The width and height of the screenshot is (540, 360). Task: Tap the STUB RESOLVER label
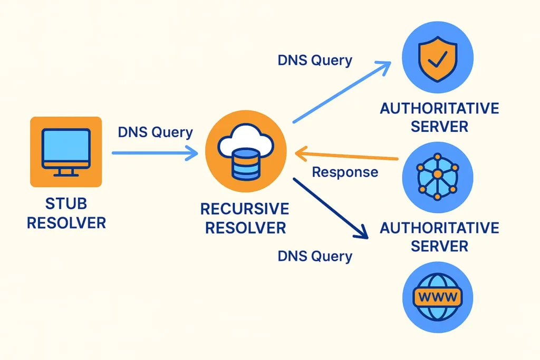tap(66, 213)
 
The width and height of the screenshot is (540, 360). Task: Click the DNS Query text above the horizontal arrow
tap(155, 132)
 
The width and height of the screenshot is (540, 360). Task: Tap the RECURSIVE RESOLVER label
tap(245, 218)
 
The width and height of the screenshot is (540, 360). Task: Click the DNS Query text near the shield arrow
tap(315, 60)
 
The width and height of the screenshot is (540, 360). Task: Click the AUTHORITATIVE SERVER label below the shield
tap(439, 118)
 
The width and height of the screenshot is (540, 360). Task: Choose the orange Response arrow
tap(348, 156)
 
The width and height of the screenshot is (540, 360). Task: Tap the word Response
tap(345, 172)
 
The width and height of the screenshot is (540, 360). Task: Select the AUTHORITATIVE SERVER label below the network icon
tap(439, 237)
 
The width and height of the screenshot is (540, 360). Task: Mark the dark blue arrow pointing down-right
tap(329, 208)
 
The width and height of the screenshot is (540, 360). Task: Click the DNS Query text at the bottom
tap(315, 256)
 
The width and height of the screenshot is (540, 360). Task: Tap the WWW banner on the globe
tap(437, 297)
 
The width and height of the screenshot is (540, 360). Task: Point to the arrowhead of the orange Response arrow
tap(301, 154)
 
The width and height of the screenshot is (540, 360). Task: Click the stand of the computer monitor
tap(65, 171)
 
